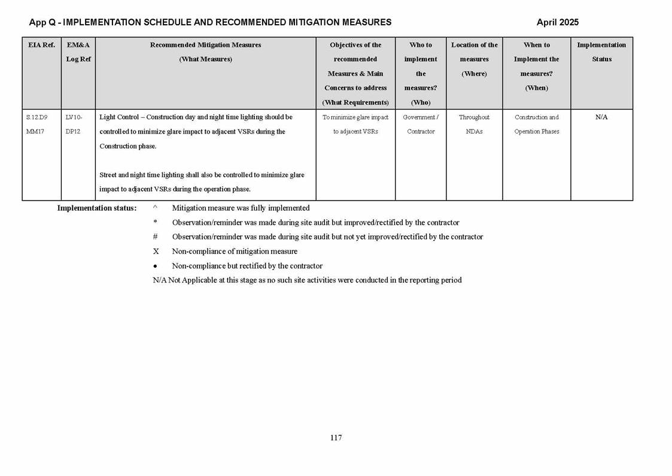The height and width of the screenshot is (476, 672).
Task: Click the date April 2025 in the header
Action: tap(557, 22)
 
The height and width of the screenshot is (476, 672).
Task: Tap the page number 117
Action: tap(336, 438)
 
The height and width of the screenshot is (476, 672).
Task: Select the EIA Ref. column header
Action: tap(41, 45)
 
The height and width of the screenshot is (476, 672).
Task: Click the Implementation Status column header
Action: tap(601, 52)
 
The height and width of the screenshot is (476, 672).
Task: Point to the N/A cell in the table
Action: tap(601, 117)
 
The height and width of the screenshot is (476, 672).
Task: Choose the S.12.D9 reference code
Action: tap(37, 117)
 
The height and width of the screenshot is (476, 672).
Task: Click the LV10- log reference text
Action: tap(74, 117)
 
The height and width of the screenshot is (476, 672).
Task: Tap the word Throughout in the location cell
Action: tap(474, 117)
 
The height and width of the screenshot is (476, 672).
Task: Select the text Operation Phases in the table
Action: tap(536, 132)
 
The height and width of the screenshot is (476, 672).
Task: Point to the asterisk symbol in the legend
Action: tap(155, 223)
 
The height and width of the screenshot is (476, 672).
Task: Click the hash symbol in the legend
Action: tap(155, 237)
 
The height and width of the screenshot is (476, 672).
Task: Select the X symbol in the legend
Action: tap(156, 251)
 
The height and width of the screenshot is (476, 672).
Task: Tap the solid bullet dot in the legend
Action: tap(155, 266)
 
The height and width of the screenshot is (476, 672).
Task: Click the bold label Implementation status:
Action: tap(96, 208)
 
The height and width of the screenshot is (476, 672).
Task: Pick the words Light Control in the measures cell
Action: tap(119, 117)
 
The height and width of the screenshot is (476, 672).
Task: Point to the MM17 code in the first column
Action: tap(36, 132)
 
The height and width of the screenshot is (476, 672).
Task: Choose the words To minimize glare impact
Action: tap(355, 117)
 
